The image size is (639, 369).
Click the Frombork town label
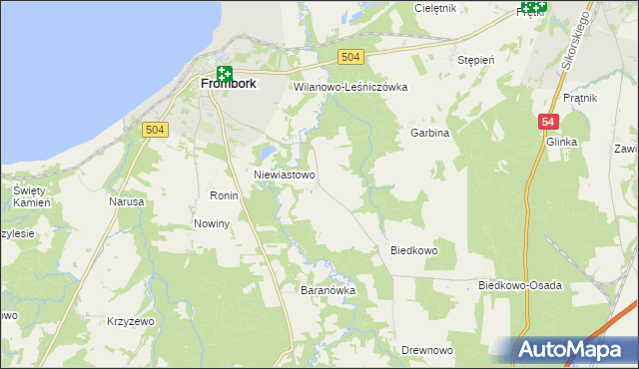coord(228,85)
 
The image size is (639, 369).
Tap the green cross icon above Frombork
coord(225,73)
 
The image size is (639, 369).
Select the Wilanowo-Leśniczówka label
coord(350,87)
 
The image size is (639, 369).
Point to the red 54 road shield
coord(547,122)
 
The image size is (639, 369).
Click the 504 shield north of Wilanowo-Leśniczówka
coord(349,59)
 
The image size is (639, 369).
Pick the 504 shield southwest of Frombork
coord(154,131)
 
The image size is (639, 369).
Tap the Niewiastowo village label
coord(285,175)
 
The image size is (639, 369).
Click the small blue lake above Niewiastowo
coord(267,153)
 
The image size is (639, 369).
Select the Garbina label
coord(429,133)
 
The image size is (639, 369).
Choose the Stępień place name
coord(476,60)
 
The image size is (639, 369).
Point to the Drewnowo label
coord(427,350)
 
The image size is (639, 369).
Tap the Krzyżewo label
coord(130,321)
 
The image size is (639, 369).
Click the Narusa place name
coord(127,201)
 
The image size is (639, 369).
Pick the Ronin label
coord(223,195)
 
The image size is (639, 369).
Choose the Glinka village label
coord(562,143)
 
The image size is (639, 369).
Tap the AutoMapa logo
coord(572,350)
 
